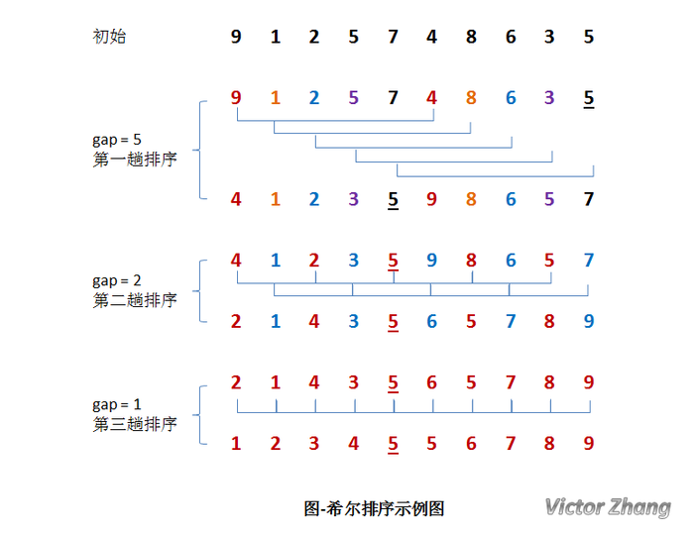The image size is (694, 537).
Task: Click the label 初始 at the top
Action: (x=109, y=37)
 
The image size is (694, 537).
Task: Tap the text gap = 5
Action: (x=117, y=140)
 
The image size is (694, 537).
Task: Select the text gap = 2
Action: (x=117, y=281)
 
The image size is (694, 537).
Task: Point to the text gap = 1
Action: (x=117, y=405)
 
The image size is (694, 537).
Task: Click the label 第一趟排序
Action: (x=135, y=160)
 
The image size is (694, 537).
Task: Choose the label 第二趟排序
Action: (x=135, y=301)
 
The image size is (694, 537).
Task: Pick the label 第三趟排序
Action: (x=135, y=425)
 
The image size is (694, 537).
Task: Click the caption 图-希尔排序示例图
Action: (x=374, y=508)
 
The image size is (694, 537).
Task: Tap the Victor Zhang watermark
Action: (x=608, y=507)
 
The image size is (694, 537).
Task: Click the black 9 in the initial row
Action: (x=236, y=37)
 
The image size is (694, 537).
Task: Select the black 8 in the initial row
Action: (x=471, y=37)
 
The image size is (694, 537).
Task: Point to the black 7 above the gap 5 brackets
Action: (x=393, y=98)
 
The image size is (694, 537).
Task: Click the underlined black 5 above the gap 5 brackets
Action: (x=589, y=99)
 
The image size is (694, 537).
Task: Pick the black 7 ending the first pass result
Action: (x=589, y=199)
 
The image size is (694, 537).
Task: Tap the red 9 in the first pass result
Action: (x=431, y=199)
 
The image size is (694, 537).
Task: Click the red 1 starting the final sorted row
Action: (x=236, y=444)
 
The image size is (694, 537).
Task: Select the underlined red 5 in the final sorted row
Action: (x=393, y=445)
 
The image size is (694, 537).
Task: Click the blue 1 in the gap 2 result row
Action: (x=276, y=322)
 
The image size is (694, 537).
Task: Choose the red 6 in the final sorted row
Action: (x=471, y=444)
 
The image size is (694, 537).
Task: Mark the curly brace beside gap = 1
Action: (x=199, y=415)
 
